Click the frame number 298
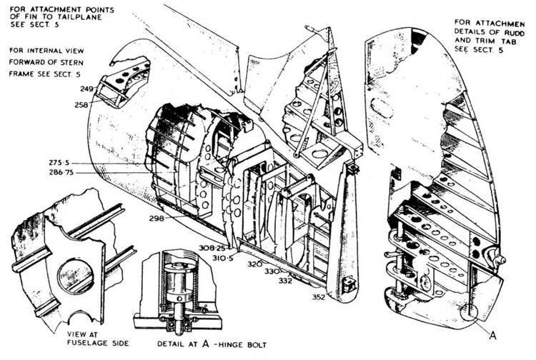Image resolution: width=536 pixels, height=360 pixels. coord(158,218)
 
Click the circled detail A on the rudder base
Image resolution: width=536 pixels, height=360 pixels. coord(469,311)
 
